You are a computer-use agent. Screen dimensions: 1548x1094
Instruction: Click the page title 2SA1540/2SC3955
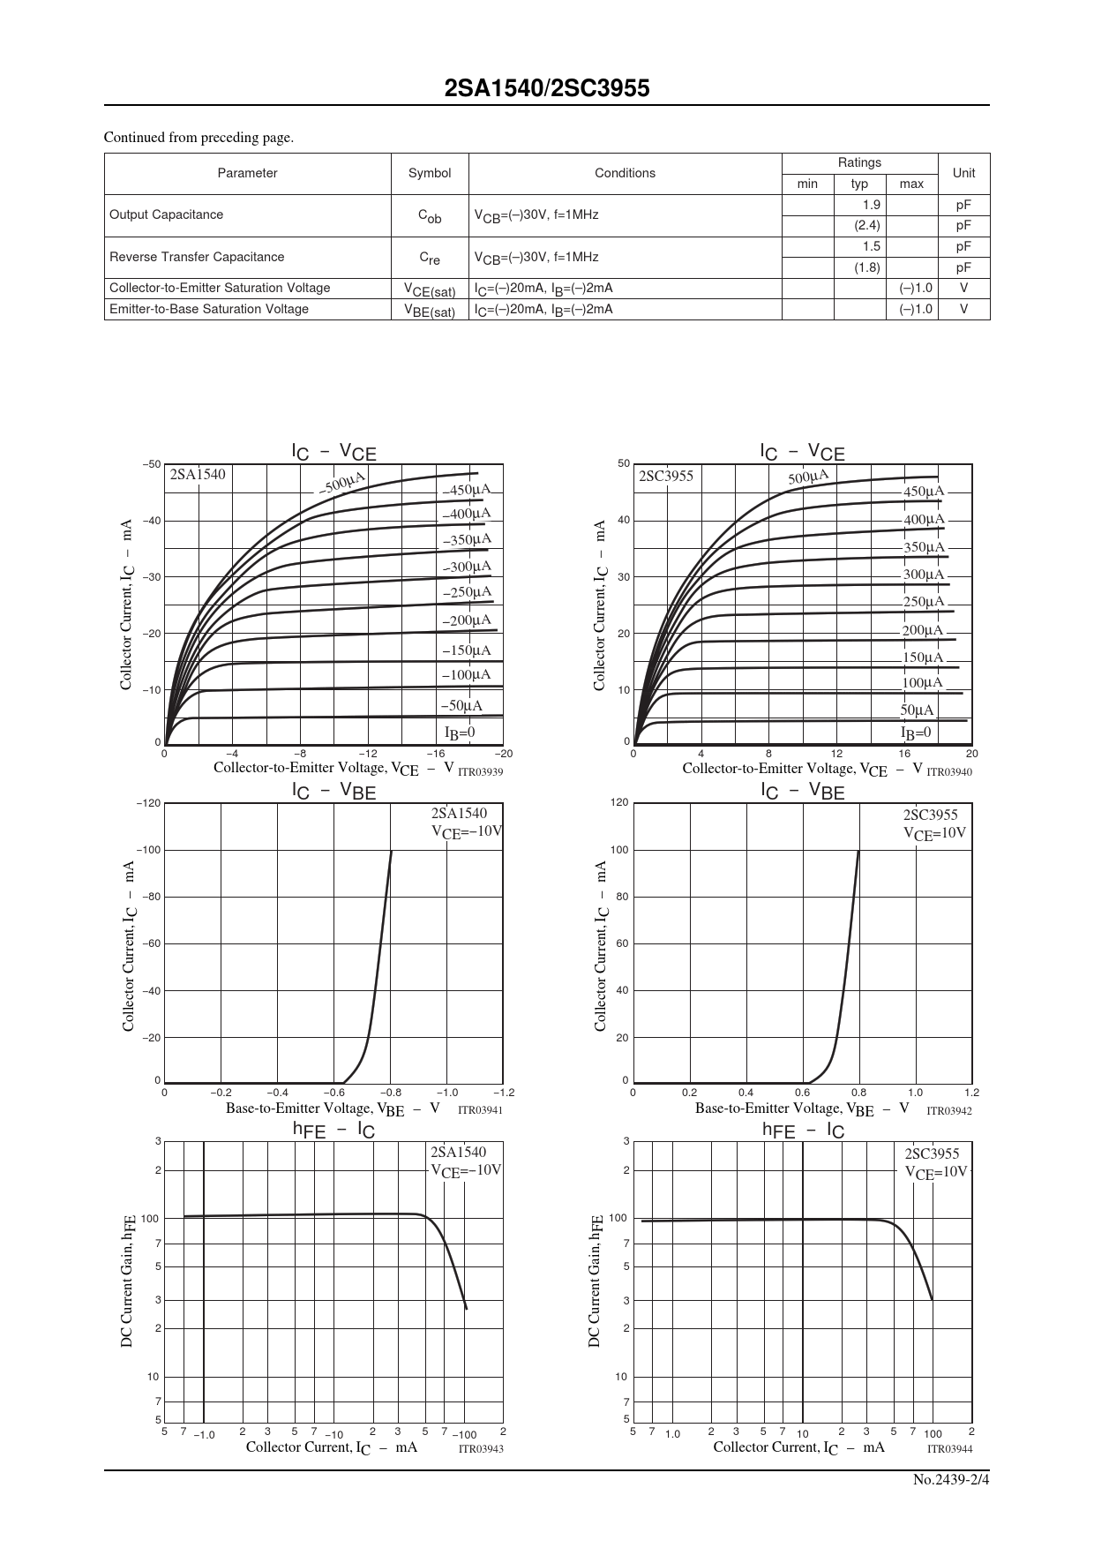pos(547,88)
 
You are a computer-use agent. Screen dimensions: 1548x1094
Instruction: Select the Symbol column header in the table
pos(430,173)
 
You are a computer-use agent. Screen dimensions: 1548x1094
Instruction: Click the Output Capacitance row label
pos(166,214)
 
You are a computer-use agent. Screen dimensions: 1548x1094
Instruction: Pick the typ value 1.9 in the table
pos(871,205)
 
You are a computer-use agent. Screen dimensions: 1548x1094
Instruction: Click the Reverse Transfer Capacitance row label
pos(197,257)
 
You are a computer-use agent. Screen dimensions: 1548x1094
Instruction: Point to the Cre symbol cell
pos(430,258)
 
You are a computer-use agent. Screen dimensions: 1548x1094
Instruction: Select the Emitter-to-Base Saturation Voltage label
pos(209,309)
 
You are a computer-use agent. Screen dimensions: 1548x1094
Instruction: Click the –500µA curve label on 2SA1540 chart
pos(342,483)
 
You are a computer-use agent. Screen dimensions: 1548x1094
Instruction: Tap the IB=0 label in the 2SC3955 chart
pos(916,733)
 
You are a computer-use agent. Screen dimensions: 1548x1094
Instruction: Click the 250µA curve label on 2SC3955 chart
pos(923,602)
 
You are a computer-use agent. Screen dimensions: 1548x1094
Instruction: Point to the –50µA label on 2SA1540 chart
pos(461,705)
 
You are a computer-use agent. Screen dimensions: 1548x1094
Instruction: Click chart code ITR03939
pos(480,771)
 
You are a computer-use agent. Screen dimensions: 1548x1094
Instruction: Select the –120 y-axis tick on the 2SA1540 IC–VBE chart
pos(148,803)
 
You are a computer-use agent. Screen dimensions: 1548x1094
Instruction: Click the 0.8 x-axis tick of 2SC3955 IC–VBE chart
pos(858,1093)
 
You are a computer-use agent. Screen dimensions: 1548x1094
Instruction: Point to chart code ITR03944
pos(949,1449)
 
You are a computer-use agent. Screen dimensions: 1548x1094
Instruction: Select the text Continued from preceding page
pos(199,137)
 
